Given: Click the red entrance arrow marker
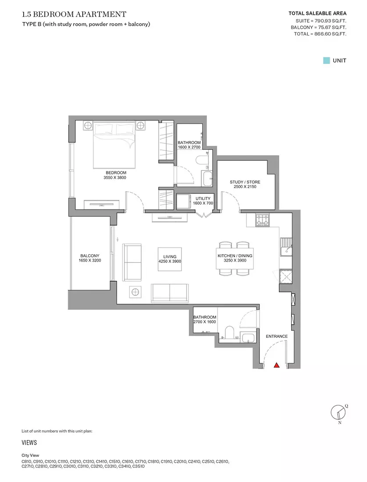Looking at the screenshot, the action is pos(277,365).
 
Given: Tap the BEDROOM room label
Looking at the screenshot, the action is pos(116,173).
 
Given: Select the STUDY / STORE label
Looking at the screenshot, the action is pos(245,182).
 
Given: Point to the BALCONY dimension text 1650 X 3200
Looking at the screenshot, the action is pos(90,260).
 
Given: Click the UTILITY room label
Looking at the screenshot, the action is pos(203,198).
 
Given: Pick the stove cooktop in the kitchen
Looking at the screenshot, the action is pos(262,220).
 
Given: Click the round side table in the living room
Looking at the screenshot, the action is pos(135,292).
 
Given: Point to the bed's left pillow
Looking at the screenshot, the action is pos(105,129).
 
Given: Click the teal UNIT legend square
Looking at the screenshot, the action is pos(326,60).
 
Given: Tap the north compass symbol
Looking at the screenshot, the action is pos(338,412).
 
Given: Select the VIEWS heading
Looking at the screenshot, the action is pos(29,443).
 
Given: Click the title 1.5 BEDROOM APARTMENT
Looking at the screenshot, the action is pos(74,14).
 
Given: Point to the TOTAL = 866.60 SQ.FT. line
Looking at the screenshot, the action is pos(320,34).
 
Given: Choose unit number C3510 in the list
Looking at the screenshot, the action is pos(139,466).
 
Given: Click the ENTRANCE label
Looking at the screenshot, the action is pos(277,336).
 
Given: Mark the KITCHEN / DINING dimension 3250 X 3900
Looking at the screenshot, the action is pos(235,260).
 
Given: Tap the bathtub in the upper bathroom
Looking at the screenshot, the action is pos(207,179).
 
